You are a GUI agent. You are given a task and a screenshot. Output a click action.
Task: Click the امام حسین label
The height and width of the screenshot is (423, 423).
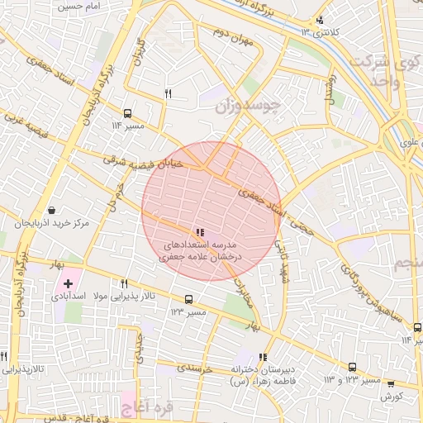81,6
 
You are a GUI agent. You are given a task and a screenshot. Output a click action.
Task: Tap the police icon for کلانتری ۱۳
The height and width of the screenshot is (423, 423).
321,20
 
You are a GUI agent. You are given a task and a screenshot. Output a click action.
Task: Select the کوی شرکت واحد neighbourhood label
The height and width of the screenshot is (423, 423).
382,73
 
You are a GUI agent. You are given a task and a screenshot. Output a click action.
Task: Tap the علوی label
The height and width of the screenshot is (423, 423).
409,142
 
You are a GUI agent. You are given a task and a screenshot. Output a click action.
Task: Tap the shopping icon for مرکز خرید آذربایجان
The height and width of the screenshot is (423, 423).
52,210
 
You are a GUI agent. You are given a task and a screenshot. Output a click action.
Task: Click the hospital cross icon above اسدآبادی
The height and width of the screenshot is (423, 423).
67,283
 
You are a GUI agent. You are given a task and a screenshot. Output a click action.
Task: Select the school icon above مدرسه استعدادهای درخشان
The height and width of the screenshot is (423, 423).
200,232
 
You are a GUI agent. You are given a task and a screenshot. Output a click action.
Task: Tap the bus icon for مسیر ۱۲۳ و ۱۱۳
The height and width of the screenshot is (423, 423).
353,367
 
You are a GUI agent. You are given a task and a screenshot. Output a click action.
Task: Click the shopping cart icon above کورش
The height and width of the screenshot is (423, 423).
391,383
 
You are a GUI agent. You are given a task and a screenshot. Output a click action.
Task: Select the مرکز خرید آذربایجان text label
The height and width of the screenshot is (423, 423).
52,224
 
